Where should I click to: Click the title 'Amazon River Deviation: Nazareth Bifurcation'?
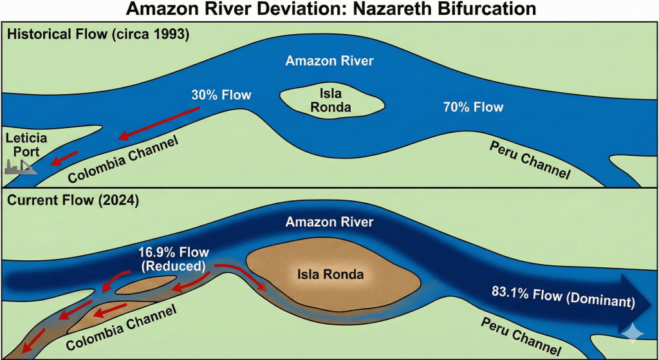tap(329, 10)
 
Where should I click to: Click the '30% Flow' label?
tap(221, 95)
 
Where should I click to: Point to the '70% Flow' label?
tap(473, 106)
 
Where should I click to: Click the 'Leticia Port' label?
tap(23, 145)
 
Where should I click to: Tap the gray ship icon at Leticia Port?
tap(19, 167)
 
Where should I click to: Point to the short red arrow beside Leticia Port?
tap(65, 158)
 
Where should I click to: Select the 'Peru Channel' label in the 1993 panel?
tap(529, 159)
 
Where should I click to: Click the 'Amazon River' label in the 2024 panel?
tap(329, 222)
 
